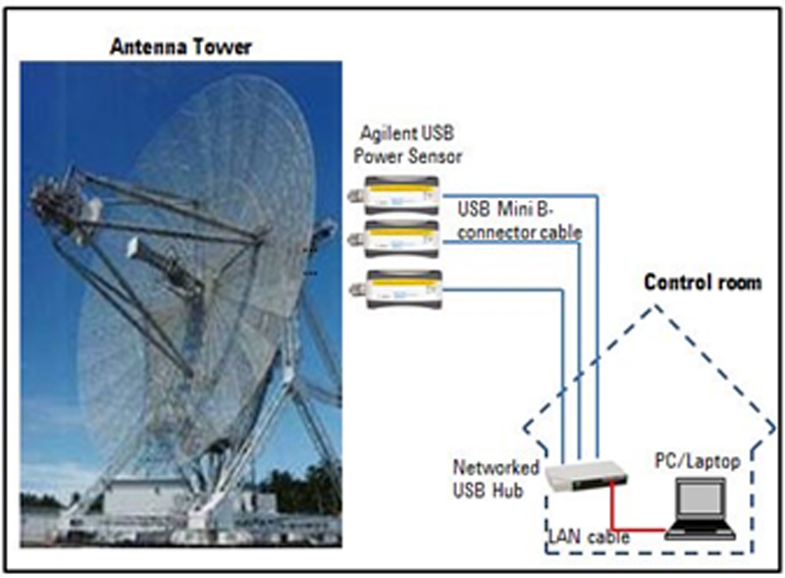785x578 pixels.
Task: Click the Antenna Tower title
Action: (181, 47)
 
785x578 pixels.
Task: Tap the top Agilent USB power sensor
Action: (395, 195)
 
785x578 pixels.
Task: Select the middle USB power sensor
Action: (395, 238)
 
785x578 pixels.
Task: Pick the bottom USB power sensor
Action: (396, 289)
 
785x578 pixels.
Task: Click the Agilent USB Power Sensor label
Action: (407, 145)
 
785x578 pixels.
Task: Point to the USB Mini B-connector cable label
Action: (519, 221)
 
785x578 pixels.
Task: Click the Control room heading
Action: (703, 283)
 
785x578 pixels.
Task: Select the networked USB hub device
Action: (586, 475)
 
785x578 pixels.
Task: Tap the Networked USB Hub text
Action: (496, 479)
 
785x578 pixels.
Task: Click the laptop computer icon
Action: (700, 508)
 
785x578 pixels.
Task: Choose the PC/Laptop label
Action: (698, 461)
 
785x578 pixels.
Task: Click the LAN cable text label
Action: (589, 537)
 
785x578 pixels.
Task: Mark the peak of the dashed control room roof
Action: (654, 306)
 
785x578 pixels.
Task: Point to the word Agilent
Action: (386, 134)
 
